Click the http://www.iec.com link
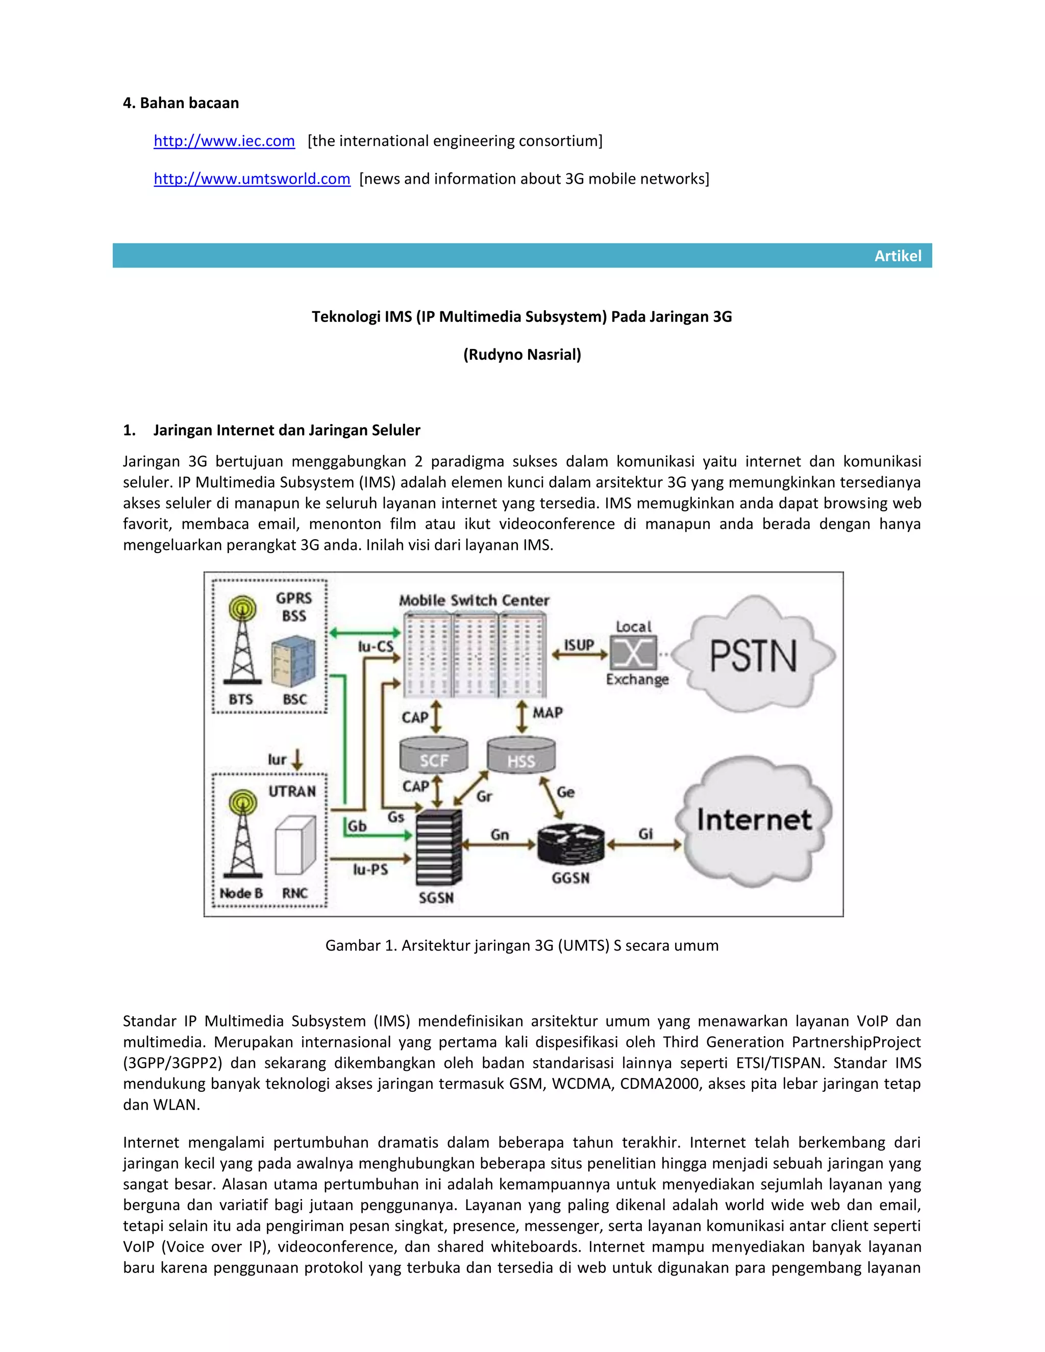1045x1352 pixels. coord(224,141)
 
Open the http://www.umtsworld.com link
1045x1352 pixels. coord(252,179)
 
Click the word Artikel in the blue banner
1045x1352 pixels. coord(897,256)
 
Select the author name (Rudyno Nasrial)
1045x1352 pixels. coord(522,355)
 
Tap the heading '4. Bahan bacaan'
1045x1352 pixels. coord(181,103)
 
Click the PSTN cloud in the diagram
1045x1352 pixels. coord(754,656)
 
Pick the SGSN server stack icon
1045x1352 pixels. coord(438,848)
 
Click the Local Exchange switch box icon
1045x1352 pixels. coord(633,653)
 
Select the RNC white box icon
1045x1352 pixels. coord(295,845)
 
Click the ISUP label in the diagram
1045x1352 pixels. coord(578,644)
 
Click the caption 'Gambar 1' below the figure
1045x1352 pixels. coord(522,945)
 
